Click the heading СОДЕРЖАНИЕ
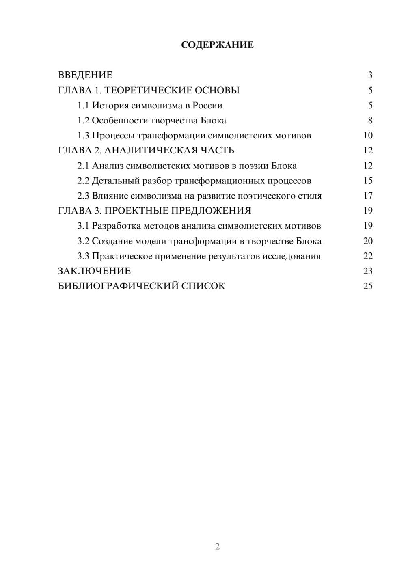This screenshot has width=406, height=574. [x=217, y=45]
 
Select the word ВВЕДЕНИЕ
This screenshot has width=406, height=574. [x=85, y=75]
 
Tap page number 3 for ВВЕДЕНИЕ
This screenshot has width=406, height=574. [x=370, y=75]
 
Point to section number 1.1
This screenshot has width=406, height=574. [x=83, y=106]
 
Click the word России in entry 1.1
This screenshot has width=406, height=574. [x=207, y=106]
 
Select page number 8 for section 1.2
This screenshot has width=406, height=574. [x=370, y=121]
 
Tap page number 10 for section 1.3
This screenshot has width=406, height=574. [x=368, y=136]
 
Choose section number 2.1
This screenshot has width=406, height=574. [x=83, y=166]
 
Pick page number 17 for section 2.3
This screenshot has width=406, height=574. [x=368, y=196]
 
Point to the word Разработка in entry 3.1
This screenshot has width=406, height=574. [x=116, y=226]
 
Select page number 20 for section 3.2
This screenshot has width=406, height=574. [x=368, y=241]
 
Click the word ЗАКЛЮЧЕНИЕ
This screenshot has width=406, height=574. [x=94, y=271]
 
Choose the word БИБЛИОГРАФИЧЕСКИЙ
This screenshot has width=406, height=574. [x=118, y=286]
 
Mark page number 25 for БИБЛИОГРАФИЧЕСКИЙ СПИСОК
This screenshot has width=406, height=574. [x=368, y=286]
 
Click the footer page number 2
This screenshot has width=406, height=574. [x=217, y=546]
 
